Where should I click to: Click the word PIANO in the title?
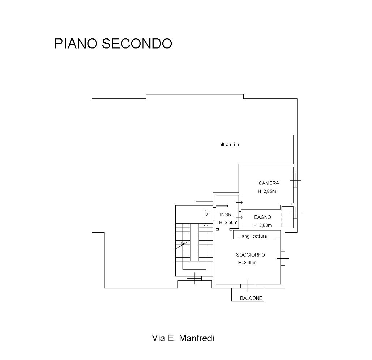(x=76, y=43)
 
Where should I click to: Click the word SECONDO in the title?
(x=137, y=43)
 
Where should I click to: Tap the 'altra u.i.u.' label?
(x=230, y=144)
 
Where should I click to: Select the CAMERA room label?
(x=269, y=183)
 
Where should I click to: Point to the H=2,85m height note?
(x=267, y=191)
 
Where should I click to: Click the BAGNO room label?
(x=262, y=217)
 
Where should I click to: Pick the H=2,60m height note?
(x=262, y=225)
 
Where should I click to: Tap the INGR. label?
(x=226, y=215)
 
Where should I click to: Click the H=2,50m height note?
(x=228, y=223)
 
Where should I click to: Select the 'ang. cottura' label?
(x=254, y=236)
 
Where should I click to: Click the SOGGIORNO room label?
(x=250, y=255)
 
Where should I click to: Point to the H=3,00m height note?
(x=247, y=263)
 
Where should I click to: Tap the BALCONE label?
(x=251, y=298)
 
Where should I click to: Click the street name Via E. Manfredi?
(x=183, y=338)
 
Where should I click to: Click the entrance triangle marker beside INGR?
(x=206, y=214)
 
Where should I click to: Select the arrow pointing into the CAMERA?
(x=239, y=202)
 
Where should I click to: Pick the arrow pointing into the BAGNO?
(x=239, y=217)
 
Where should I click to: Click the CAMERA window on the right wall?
(x=295, y=180)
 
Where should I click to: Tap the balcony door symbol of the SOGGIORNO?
(x=248, y=286)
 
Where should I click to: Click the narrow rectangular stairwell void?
(x=194, y=242)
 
